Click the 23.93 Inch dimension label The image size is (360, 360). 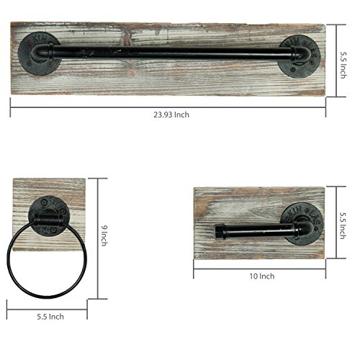[171, 114]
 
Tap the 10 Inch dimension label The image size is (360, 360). [262, 276]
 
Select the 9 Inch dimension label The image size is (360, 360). [104, 235]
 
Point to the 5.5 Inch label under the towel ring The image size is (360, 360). [50, 317]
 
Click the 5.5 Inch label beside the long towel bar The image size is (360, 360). [343, 66]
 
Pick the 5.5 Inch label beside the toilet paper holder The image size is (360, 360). [343, 225]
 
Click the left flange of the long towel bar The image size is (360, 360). [40, 53]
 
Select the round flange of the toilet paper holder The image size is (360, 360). [302, 224]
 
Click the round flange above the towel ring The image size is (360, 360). [49, 216]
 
